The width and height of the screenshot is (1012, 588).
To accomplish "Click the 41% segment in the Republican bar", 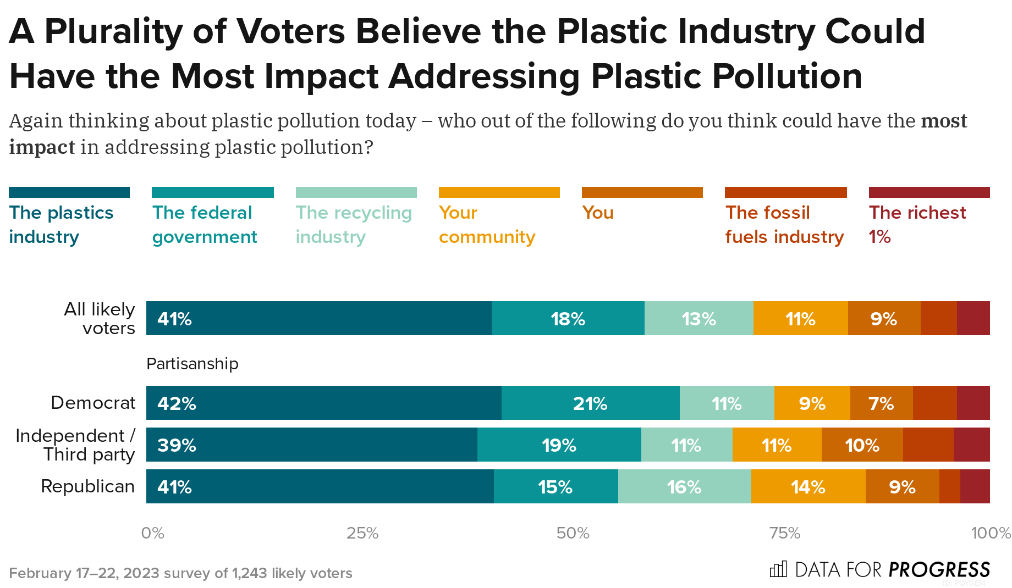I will pos(320,486).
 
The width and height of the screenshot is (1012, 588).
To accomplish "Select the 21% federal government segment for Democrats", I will pos(590,403).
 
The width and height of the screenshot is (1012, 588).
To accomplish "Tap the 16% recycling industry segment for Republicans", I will pos(684,486).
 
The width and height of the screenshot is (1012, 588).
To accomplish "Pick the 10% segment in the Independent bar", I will pos(862,445).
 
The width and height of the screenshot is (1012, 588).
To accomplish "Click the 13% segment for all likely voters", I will pos(698,318).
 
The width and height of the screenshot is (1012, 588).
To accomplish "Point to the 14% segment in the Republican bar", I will pos(808,486).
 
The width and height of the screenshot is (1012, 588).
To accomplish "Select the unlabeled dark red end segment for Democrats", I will pos(973,403).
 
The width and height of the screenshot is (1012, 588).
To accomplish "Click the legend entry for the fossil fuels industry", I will pos(784,224).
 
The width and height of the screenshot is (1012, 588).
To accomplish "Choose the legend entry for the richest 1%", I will pos(917,224).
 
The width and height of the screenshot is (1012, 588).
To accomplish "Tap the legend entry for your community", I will pos(487,224).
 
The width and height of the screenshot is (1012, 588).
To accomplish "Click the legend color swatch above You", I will pos(642,192).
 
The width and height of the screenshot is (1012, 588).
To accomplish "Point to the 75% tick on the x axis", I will pos(784,532).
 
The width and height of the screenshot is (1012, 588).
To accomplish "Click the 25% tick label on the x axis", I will pos(362,532).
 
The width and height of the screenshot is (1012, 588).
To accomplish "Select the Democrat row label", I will pos(93,403).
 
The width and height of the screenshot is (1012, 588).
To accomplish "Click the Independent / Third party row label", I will pos(75,445).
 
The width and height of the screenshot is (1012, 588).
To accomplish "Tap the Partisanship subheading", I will pos(192,363).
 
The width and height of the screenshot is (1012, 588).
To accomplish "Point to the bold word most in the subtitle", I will pos(944,120).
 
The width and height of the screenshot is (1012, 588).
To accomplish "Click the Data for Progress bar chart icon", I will pos(778,569).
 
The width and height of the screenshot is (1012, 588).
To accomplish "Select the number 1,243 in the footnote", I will pos(250,573).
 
